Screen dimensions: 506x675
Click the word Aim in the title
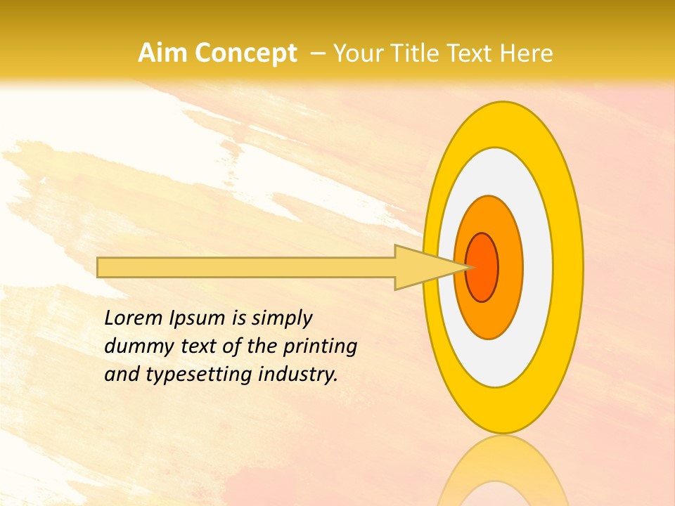(x=163, y=53)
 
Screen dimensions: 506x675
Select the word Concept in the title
(x=246, y=53)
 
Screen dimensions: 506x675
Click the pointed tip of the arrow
(x=469, y=267)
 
